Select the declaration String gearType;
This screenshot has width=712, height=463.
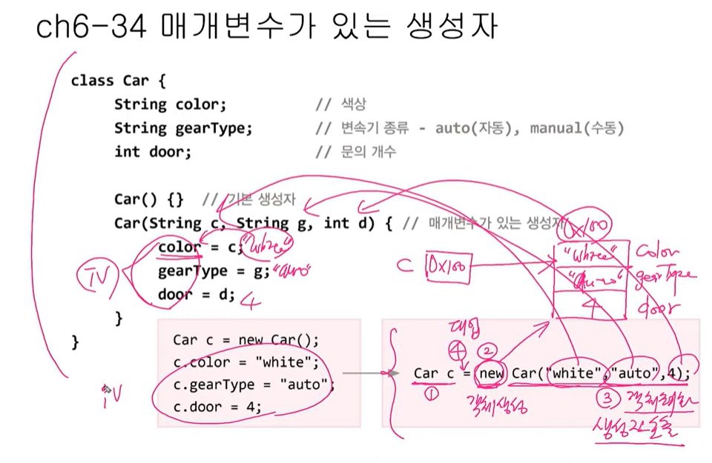[183, 128]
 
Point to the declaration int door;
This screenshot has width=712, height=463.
[152, 152]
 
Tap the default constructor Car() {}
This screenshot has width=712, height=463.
[148, 199]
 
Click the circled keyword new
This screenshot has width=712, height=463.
[491, 373]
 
